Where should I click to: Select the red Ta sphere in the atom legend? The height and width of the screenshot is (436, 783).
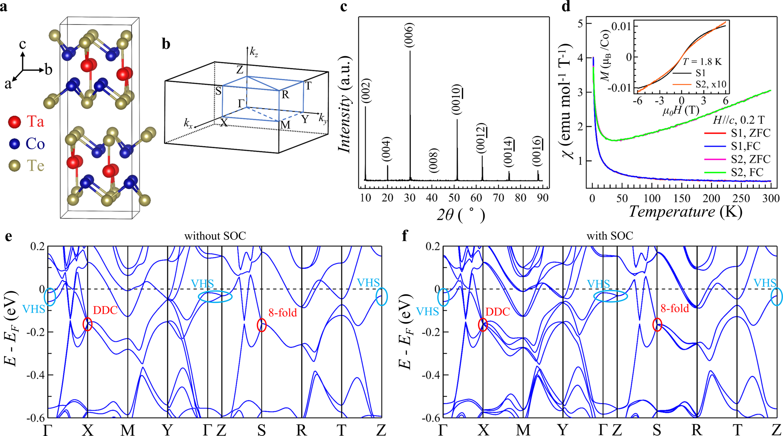coord(14,122)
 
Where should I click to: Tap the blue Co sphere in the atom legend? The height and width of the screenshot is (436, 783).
coord(14,144)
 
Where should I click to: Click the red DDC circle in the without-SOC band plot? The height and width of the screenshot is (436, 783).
coord(88,324)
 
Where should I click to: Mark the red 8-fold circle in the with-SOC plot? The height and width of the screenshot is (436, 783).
coord(657,325)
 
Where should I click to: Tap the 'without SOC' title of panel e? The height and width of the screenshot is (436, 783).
coord(215,236)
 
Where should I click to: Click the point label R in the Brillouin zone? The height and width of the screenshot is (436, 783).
coord(285,95)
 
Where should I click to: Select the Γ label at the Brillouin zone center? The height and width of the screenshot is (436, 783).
coord(241,103)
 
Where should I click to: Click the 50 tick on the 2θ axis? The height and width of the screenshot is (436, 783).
coord(454,198)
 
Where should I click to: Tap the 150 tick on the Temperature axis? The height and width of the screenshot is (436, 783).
coord(681,198)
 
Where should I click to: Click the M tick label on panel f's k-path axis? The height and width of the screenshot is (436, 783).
coord(523,430)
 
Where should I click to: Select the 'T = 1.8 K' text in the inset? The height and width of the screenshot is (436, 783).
coord(702,61)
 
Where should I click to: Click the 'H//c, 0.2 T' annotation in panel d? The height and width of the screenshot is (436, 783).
coord(738,120)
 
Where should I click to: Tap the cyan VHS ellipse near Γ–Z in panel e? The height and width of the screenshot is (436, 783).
coord(215,296)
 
